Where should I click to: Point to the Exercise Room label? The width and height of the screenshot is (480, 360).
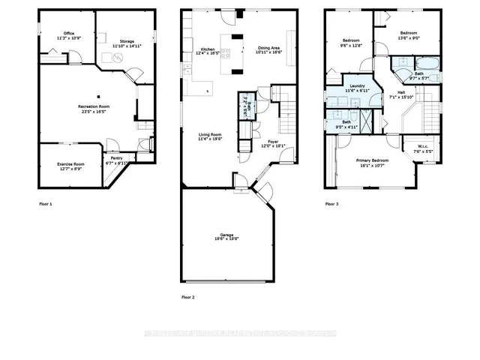(x=71, y=163)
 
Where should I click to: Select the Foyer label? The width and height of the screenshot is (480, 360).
(x=274, y=140)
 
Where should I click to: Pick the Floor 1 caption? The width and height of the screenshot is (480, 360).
(x=46, y=203)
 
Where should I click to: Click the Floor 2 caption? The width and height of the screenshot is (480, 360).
(x=187, y=297)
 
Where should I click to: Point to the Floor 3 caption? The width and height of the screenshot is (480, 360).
(x=331, y=203)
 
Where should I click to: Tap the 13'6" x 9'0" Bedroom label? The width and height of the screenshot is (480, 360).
(x=408, y=34)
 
